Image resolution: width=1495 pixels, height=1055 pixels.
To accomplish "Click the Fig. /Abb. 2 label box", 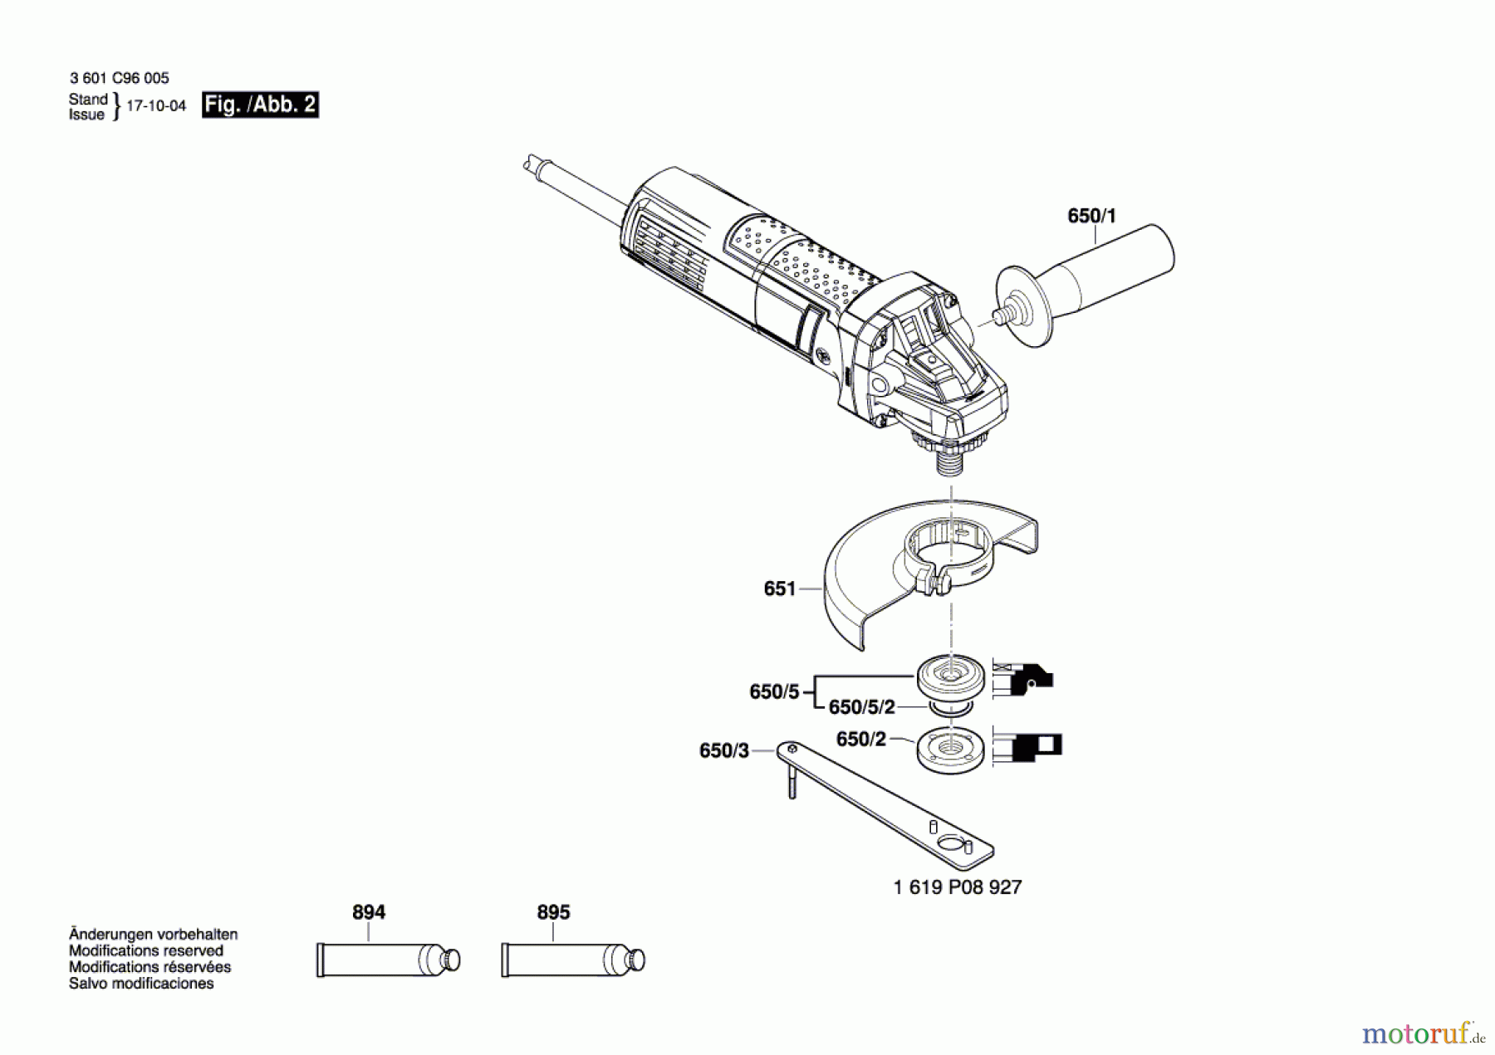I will click(x=260, y=105).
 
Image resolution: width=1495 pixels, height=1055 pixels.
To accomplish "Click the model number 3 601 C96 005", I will click(x=119, y=78).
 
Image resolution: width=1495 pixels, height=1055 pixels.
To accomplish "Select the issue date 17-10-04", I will click(x=156, y=106).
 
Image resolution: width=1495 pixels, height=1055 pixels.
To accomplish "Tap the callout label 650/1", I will click(x=1091, y=216).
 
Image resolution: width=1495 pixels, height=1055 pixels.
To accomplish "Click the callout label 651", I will click(x=779, y=589).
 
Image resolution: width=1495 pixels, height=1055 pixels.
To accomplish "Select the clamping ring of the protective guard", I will click(x=947, y=553).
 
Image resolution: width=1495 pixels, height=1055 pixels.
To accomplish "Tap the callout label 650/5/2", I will click(x=861, y=707).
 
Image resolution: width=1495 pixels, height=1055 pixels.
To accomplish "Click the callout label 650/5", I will click(x=773, y=691).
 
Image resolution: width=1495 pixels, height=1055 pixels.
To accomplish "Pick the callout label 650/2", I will click(x=860, y=739).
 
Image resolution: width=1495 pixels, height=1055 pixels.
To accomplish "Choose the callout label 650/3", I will click(x=723, y=751).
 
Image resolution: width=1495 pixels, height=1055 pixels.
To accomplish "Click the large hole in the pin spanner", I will click(x=948, y=844).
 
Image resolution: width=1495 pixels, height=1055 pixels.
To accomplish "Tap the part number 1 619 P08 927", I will click(x=957, y=887).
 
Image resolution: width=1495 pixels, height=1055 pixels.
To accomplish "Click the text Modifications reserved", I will click(x=145, y=950).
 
